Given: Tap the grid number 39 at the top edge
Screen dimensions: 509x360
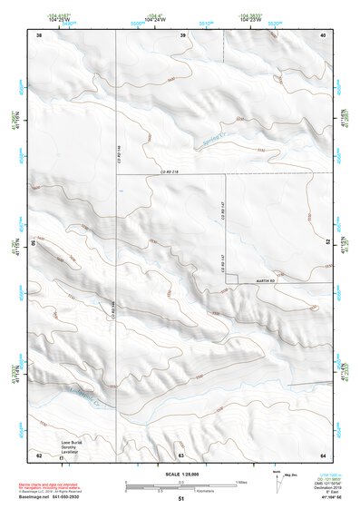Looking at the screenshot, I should [x=182, y=35].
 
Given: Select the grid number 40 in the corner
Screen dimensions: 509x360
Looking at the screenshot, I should [x=323, y=35].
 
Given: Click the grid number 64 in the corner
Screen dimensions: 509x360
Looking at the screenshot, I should [x=323, y=455].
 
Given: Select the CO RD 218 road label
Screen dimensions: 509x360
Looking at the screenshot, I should [x=171, y=172].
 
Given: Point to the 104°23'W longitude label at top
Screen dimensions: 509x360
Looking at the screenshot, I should [x=250, y=20].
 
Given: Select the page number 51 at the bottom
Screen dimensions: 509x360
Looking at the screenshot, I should [x=180, y=500].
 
